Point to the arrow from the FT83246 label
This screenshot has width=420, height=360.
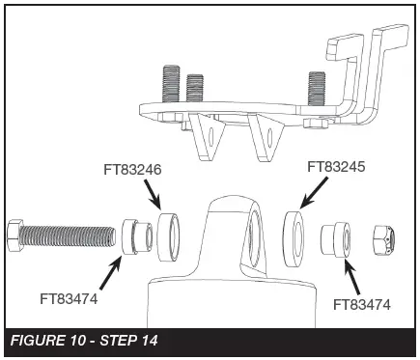(154, 196)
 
